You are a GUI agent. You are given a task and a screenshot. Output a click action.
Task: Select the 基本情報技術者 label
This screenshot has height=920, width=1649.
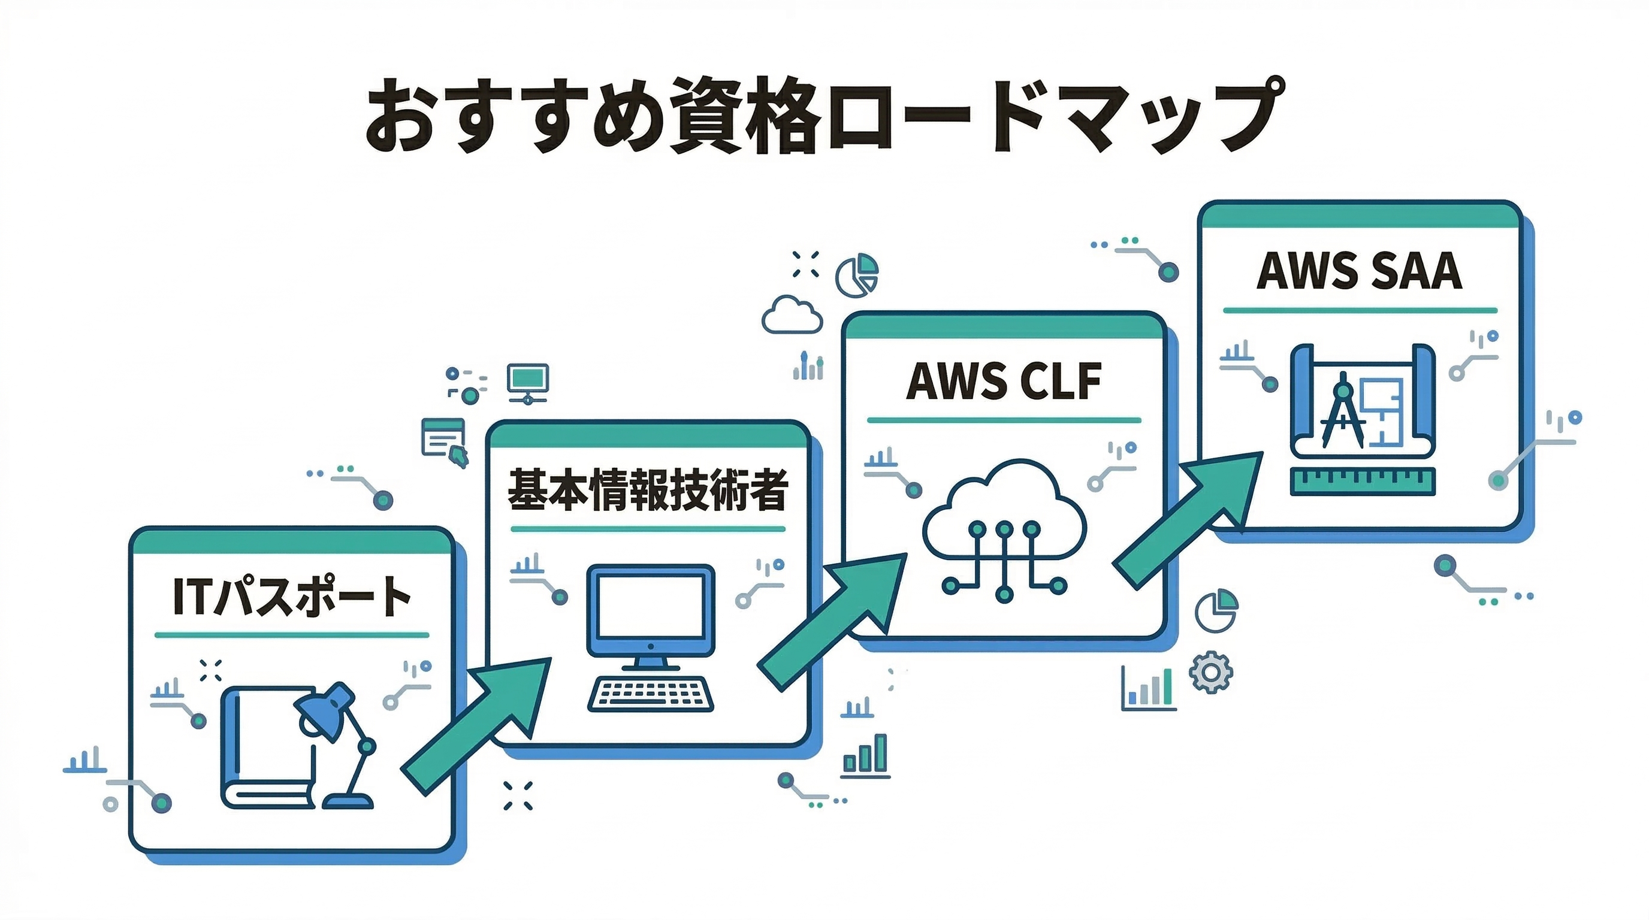pyautogui.click(x=647, y=490)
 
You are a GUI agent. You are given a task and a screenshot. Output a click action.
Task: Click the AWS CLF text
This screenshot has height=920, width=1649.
pyautogui.click(x=1004, y=382)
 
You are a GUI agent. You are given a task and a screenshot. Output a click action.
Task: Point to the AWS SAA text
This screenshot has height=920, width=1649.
pyautogui.click(x=1359, y=271)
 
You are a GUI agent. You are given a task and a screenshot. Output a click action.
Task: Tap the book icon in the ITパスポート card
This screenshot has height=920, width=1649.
pyautogui.click(x=265, y=749)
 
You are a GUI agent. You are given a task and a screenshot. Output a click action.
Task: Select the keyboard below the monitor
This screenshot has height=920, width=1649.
pyautogui.click(x=650, y=694)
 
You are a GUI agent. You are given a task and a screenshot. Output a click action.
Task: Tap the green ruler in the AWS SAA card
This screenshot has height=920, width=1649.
pyautogui.click(x=1362, y=481)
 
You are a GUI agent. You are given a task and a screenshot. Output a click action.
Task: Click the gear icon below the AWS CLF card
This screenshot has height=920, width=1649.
pyautogui.click(x=1210, y=672)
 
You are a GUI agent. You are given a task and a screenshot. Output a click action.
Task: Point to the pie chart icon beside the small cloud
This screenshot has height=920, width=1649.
pyautogui.click(x=857, y=275)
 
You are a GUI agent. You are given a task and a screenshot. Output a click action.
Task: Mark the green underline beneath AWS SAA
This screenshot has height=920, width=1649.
pyautogui.click(x=1360, y=310)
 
